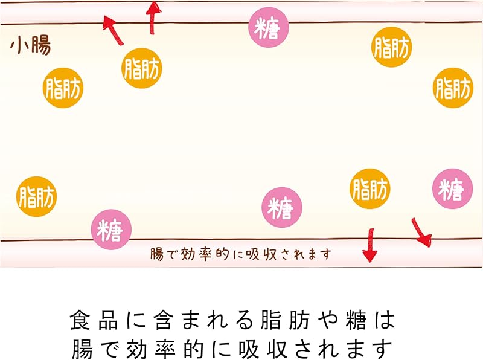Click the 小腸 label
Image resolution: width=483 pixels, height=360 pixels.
coord(30,46)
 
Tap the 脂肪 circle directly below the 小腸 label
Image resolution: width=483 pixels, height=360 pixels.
coord(63,88)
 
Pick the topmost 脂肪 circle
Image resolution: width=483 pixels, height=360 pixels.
coord(391,47)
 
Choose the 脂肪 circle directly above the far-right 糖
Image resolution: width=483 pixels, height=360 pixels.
coord(453,88)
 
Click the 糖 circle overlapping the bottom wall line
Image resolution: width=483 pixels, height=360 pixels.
coord(111,229)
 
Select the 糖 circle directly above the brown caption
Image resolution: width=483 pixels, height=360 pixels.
coord(281,208)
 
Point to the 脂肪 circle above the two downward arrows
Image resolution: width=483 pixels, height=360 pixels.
coord(370,189)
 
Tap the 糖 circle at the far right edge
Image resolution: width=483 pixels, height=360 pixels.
coord(452,189)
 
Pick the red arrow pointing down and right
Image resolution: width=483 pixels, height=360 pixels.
coord(421,233)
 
